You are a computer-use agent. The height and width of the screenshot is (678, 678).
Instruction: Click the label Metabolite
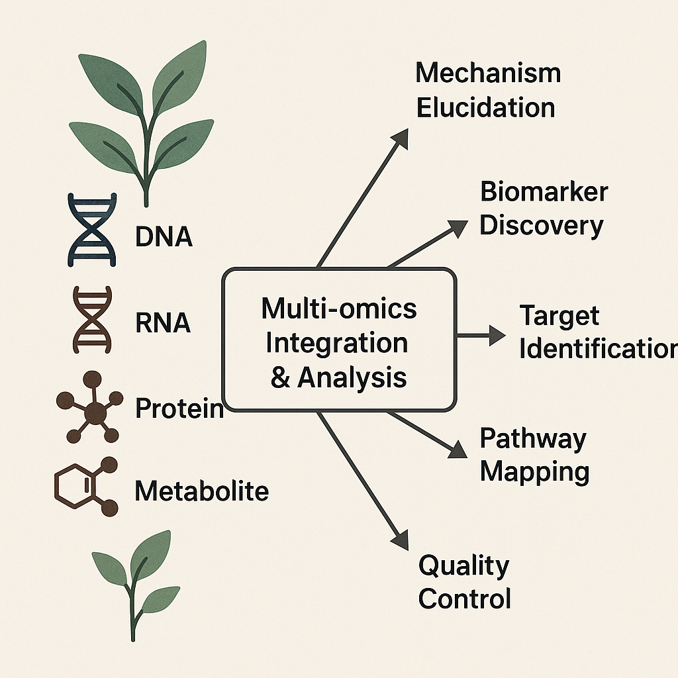pos(201,491)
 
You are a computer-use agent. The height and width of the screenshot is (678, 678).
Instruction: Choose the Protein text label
pos(179,409)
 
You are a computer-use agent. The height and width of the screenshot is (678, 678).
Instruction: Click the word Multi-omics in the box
pos(339,309)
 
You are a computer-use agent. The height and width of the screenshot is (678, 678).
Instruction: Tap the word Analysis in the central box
pos(352,377)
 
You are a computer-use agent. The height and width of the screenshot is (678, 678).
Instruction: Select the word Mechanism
pos(488,73)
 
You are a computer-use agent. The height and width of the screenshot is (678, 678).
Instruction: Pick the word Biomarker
pos(544,192)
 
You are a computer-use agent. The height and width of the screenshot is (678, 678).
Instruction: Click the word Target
pos(559,315)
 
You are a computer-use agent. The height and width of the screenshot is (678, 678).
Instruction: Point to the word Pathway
pos(533,438)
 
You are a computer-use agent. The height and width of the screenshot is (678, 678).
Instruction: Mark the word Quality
pos(463,566)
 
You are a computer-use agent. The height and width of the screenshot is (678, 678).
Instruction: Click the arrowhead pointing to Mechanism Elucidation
pos(401,136)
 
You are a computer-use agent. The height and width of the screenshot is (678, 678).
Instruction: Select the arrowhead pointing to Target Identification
pos(497,334)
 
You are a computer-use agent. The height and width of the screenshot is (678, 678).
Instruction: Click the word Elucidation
pos(485,108)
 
